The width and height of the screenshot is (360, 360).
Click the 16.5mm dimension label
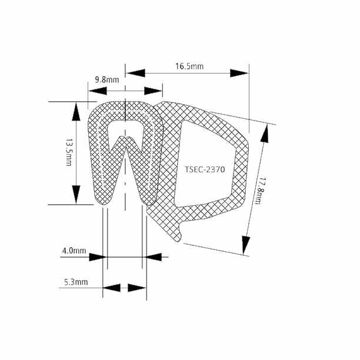coord(189,66)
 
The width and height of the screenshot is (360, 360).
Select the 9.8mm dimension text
coord(107,79)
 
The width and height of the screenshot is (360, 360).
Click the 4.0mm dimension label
coord(74,251)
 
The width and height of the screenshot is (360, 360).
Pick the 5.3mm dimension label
coord(76,282)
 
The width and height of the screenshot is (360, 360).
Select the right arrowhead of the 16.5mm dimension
coord(239,74)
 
